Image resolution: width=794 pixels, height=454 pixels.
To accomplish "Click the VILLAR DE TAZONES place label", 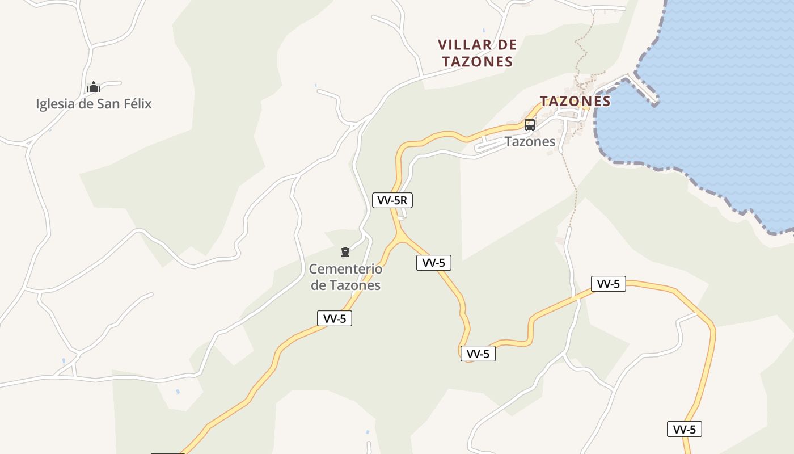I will coord(478,53).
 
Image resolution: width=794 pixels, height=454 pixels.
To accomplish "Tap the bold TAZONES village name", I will coord(575,101).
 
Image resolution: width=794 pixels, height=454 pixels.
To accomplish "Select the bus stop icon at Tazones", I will coord(530,124).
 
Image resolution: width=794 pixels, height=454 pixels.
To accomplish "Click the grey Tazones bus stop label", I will coord(530,141).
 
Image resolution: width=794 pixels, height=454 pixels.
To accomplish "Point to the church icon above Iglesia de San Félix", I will coord(94,87).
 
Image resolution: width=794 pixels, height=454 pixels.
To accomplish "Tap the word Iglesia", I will coord(55,104).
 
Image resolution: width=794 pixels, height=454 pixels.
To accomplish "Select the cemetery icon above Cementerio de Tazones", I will coord(345,251).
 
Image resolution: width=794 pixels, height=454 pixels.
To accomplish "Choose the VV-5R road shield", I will coord(392,200).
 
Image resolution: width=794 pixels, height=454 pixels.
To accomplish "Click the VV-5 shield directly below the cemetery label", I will coord(334,318).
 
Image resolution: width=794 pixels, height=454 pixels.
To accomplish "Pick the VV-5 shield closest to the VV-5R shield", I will coord(433,262).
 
